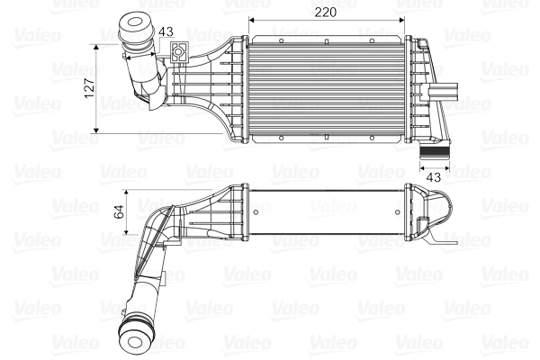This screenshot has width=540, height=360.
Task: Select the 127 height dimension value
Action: (87, 88)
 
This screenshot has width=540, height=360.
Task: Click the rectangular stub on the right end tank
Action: (448, 91)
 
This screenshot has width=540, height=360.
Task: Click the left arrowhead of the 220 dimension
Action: (251, 20)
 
